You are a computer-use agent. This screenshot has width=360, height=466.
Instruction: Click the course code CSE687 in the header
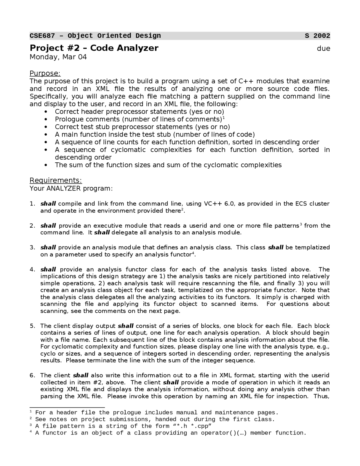tap(42, 36)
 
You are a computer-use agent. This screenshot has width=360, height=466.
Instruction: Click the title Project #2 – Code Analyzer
tap(94, 48)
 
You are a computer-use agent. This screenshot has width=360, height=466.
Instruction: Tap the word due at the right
tap(323, 49)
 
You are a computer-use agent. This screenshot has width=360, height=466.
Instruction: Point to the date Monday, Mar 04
tap(58, 57)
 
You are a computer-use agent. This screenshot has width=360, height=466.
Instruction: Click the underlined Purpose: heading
tap(45, 73)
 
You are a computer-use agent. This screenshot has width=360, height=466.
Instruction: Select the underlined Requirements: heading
tap(56, 180)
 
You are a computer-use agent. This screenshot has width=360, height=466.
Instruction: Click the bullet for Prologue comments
tap(46, 119)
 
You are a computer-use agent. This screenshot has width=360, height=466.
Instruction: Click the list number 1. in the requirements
tap(33, 203)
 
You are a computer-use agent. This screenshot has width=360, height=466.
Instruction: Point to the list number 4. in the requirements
tap(33, 269)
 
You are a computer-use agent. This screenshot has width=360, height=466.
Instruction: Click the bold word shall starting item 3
tap(48, 247)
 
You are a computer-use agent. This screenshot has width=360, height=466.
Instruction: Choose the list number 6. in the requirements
tap(33, 375)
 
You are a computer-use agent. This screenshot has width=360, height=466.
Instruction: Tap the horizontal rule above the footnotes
tap(67, 407)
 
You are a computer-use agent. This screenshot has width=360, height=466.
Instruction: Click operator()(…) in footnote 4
tap(224, 433)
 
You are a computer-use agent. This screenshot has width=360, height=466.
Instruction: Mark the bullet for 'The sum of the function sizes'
tap(46, 165)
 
